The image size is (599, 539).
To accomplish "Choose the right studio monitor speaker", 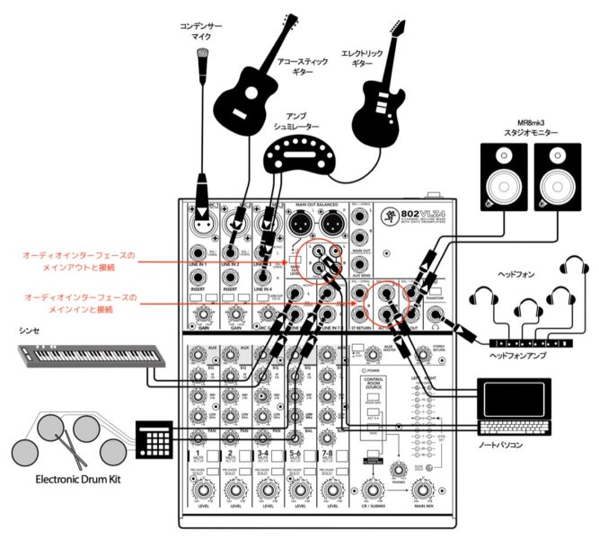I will coord(555,176).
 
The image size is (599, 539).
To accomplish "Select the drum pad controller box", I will coord(153,437).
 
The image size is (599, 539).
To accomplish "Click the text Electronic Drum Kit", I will coord(69,480).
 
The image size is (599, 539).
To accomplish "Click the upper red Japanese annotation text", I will coord(81,261).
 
